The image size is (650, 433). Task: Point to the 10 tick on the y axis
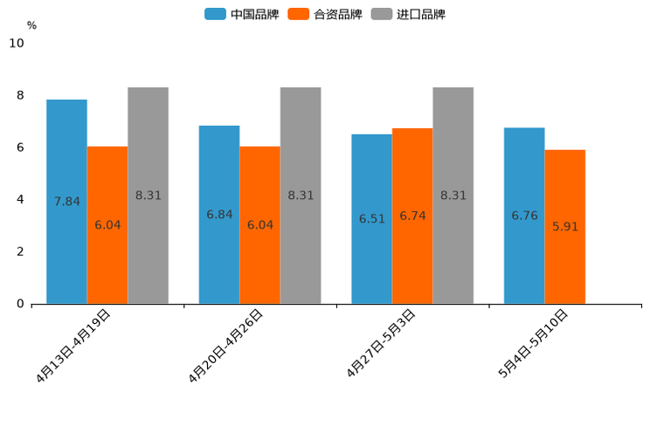[x=17, y=44]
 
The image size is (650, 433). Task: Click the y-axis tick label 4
[x=20, y=200]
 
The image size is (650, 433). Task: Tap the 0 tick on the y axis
[x=20, y=304]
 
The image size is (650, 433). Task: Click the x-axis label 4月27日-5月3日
[x=382, y=343]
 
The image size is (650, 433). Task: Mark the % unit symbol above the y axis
[x=31, y=25]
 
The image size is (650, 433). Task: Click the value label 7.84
[x=66, y=202]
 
